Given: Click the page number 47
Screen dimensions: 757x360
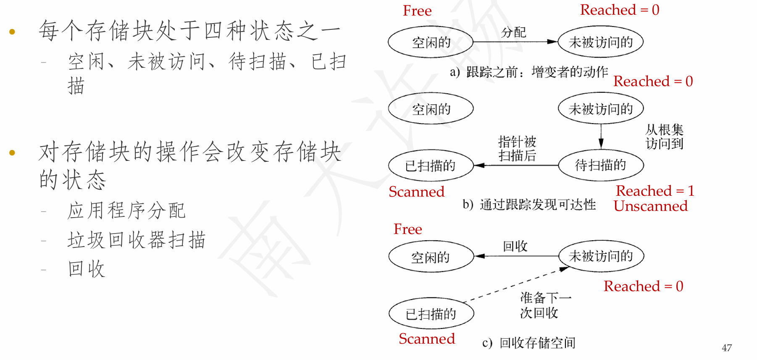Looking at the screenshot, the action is [727, 348].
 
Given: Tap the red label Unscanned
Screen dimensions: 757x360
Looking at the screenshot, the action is [651, 206].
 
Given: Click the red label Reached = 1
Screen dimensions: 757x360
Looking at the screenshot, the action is [655, 191].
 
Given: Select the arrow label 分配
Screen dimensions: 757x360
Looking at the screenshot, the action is [513, 32].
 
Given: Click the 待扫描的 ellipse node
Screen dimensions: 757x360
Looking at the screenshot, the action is [601, 165].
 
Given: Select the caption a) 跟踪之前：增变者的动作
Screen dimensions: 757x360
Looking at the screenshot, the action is [529, 72].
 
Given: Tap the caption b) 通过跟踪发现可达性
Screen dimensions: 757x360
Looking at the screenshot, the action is [529, 205].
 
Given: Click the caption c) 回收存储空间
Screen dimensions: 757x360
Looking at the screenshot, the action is [529, 343].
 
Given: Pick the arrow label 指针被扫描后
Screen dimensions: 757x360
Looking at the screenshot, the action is [517, 148].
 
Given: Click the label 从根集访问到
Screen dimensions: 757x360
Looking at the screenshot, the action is [665, 137].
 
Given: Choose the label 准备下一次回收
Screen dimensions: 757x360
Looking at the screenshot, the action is [546, 305].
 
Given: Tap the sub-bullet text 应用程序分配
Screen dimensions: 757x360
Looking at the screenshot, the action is [126, 210].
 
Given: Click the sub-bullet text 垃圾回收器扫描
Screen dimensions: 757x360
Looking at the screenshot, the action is [137, 240].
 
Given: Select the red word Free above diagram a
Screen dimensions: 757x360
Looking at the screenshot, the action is [417, 11].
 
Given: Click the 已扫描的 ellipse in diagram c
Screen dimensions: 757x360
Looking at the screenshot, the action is [431, 313].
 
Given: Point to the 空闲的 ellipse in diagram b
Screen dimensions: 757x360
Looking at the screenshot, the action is [431, 109].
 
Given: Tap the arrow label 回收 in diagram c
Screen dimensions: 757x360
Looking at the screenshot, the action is [515, 246].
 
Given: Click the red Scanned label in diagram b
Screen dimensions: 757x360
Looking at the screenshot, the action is [416, 192].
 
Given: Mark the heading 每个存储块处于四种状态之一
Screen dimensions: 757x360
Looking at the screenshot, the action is [190, 31].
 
